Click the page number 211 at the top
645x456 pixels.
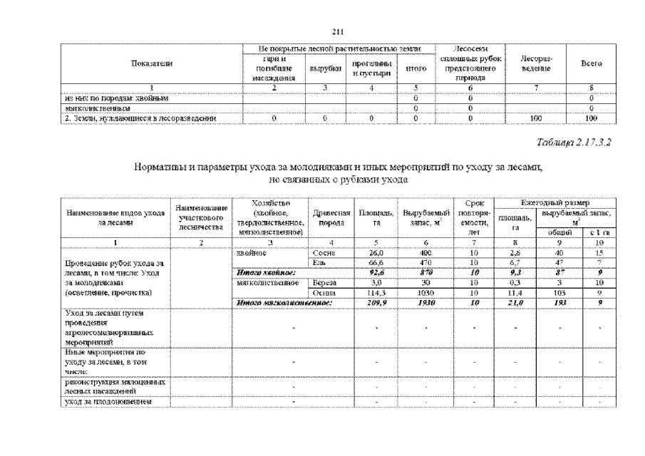tap(339, 29)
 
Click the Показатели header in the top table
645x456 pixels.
tap(151, 64)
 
